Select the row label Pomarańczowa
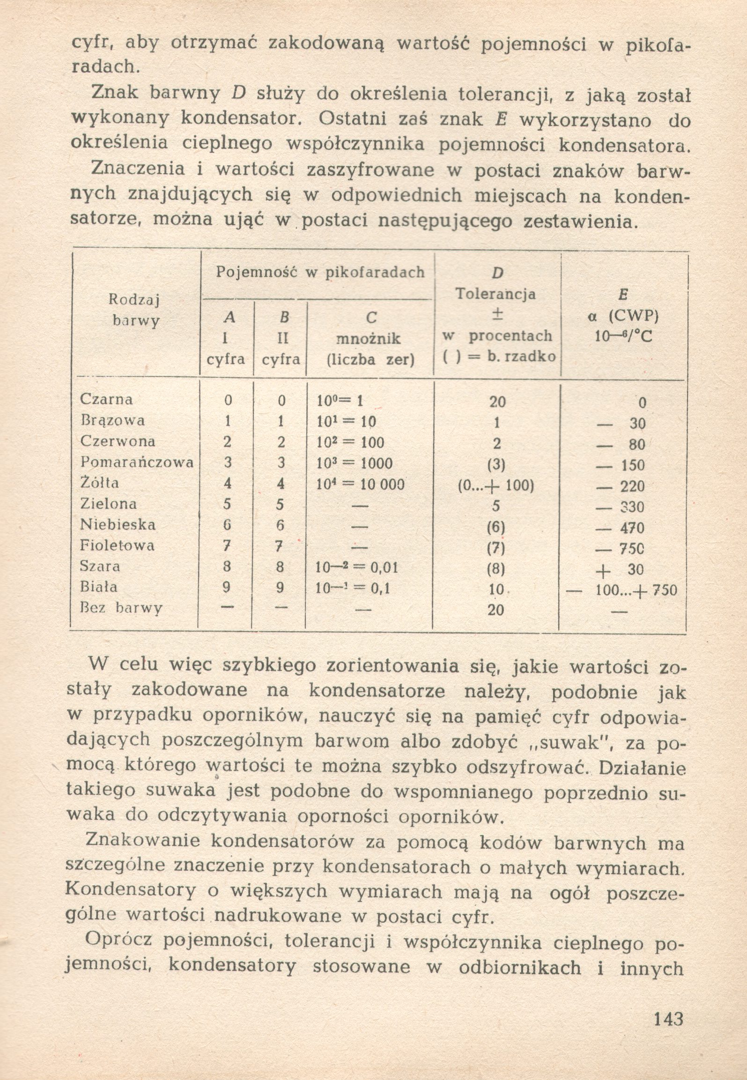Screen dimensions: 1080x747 (137, 463)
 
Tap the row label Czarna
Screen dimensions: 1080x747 (106, 399)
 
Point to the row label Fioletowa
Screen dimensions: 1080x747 (117, 545)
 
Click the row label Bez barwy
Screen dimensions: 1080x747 (121, 608)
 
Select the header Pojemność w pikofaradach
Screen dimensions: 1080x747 (320, 272)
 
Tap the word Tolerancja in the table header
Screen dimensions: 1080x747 (496, 294)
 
